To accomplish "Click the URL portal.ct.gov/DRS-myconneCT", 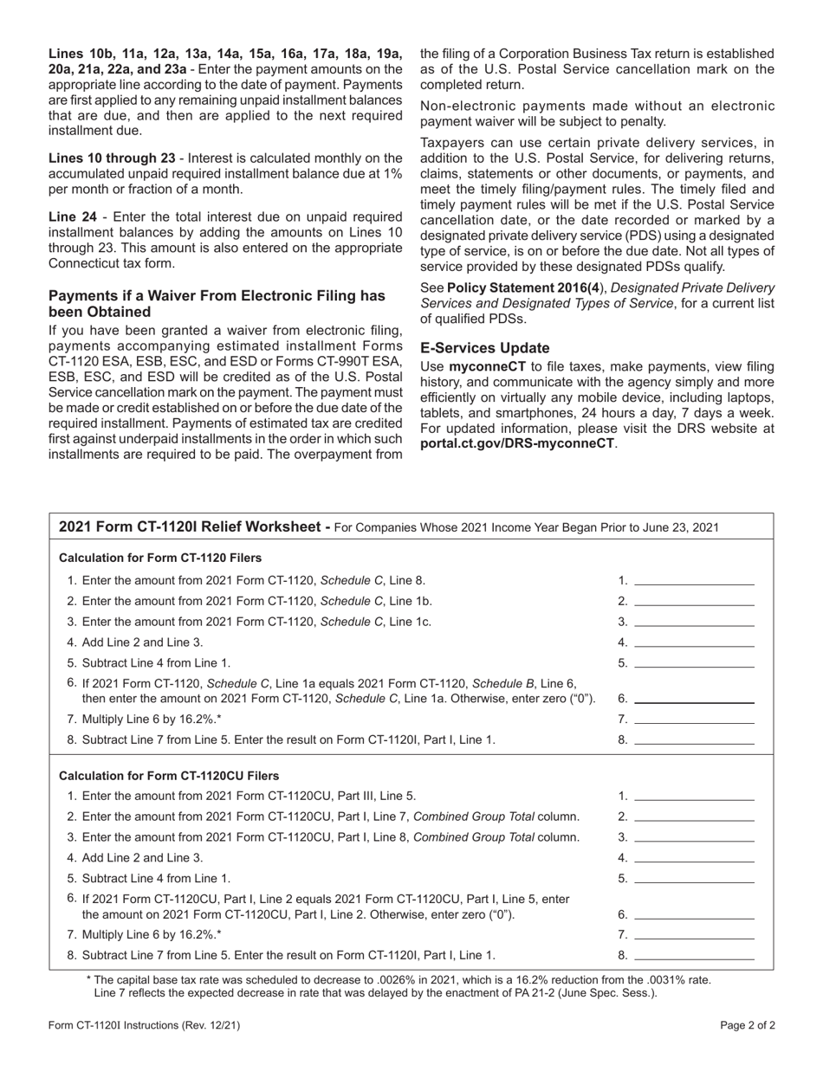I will point(518,442).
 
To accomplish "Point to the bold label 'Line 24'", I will point(73,216).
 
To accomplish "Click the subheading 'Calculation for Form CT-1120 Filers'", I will point(160,558).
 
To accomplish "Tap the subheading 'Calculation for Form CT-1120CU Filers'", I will point(169,775).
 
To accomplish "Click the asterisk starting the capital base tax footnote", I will point(89,979).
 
